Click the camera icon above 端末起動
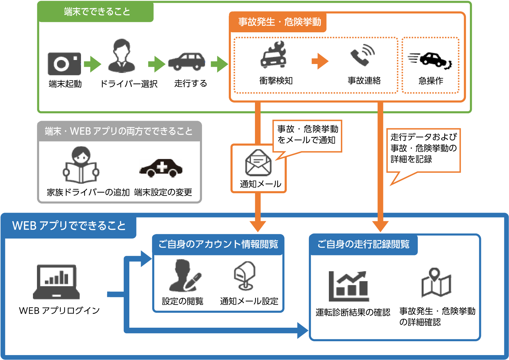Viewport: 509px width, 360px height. [64, 64]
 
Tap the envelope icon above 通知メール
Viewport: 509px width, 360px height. [258, 163]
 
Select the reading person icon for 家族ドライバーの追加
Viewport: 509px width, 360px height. [81, 165]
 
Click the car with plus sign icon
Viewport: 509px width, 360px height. [161, 168]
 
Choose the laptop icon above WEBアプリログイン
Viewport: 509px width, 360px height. [56, 282]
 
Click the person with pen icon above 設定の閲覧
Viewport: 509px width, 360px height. [184, 276]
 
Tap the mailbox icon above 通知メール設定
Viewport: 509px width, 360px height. [245, 276]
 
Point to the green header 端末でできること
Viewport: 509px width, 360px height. [97, 12]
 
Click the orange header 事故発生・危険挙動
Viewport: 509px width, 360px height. [279, 22]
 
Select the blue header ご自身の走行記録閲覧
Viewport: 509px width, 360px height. [363, 244]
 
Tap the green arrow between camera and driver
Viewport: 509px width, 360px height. [92, 64]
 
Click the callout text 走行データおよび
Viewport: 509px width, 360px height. [423, 137]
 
